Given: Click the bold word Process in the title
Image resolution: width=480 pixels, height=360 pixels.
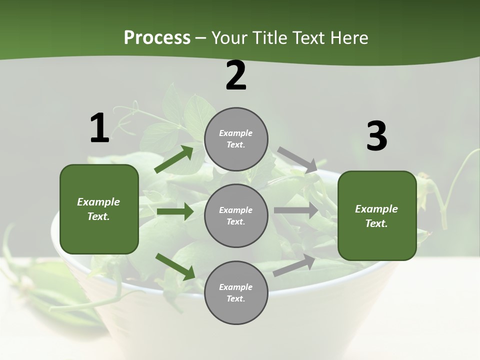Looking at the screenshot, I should click(x=157, y=38).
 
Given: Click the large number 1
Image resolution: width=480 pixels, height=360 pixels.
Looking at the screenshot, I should click(x=99, y=128).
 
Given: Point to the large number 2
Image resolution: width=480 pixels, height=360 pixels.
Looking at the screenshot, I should click(x=236, y=76).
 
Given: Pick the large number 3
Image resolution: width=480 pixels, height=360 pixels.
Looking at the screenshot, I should click(x=376, y=136).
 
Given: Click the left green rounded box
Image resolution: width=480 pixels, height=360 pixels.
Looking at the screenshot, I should click(x=99, y=209).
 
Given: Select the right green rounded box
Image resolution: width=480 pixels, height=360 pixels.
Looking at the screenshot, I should click(x=377, y=215).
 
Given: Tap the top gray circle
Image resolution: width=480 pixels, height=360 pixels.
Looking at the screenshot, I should click(x=236, y=139).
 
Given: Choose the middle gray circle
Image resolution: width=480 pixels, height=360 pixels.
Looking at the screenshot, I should click(x=236, y=215).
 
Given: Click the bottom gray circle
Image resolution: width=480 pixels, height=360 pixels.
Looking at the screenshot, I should click(x=236, y=292).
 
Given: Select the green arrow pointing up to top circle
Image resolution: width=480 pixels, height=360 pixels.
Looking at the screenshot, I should click(x=174, y=159).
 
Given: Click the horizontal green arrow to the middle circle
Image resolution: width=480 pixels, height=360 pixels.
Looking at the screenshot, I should click(x=174, y=211).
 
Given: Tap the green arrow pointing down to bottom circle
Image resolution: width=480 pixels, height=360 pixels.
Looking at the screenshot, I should click(x=175, y=266).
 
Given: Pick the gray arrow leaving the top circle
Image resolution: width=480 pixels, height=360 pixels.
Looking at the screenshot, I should click(x=297, y=159).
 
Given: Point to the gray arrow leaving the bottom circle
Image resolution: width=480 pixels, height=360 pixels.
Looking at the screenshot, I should click(x=294, y=265).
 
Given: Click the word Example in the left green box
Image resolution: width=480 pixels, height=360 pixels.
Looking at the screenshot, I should click(x=98, y=202).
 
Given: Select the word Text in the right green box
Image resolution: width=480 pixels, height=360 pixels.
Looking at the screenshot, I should click(x=376, y=223).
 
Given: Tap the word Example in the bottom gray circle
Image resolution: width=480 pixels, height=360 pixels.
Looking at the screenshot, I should click(x=235, y=287).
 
